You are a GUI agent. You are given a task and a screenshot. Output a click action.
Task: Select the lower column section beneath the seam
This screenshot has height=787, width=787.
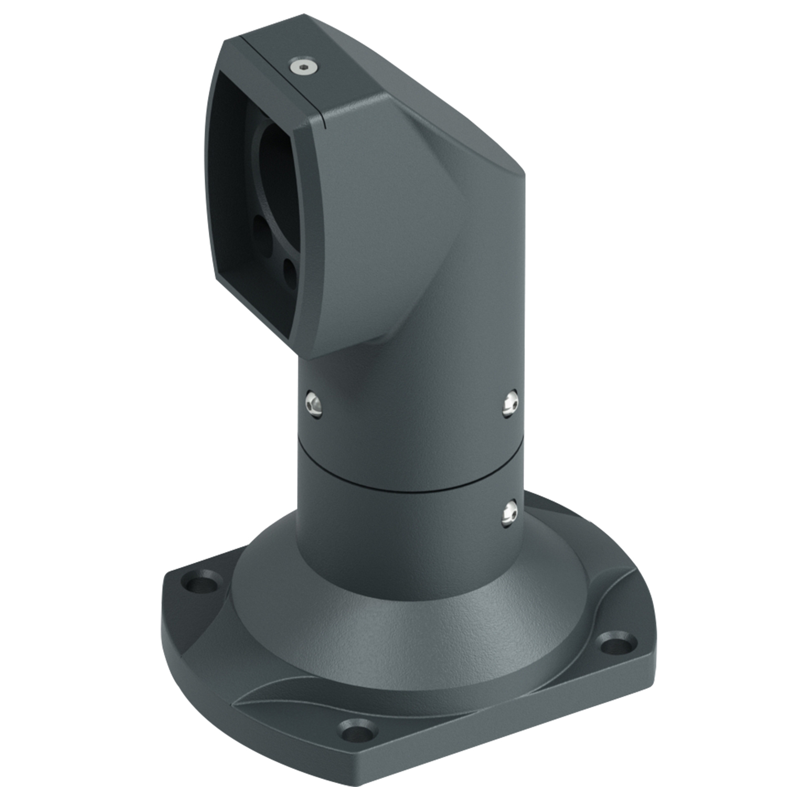coord(399,525)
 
